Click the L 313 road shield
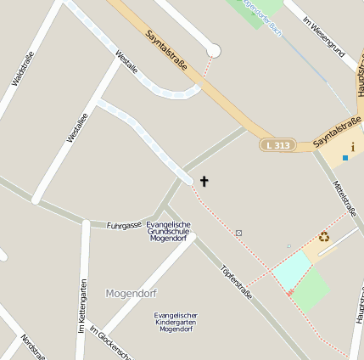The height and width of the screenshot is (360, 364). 277,145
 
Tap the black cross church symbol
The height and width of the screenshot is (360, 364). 204,181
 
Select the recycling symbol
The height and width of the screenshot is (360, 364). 324,237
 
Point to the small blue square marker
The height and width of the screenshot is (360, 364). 345,158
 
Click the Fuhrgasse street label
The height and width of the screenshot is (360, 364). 124,225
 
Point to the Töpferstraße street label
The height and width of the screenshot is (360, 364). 236,283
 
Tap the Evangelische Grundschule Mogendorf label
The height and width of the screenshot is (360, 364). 170,232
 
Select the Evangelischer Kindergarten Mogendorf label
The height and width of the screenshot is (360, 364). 176,322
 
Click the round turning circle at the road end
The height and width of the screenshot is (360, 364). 214,52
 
